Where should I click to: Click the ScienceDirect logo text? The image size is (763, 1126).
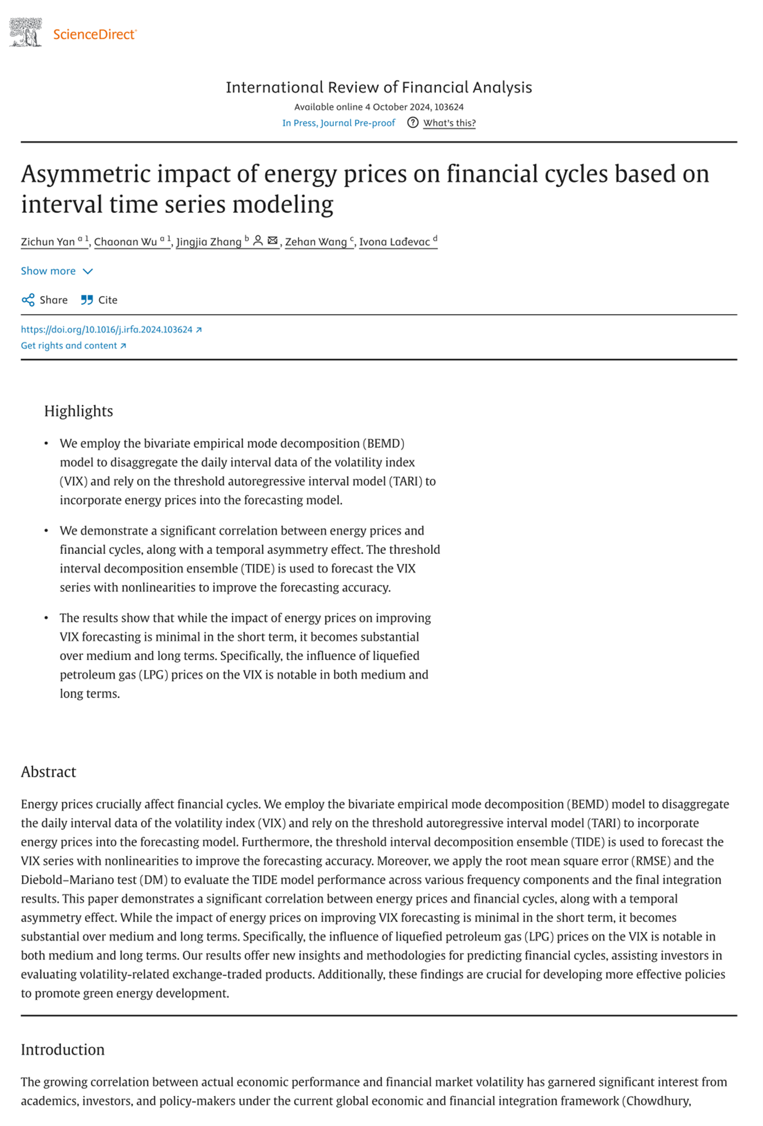pyautogui.click(x=94, y=34)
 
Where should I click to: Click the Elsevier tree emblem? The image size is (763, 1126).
pyautogui.click(x=26, y=32)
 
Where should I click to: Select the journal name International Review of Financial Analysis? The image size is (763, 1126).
pyautogui.click(x=378, y=88)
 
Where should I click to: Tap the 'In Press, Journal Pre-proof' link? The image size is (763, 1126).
pyautogui.click(x=338, y=123)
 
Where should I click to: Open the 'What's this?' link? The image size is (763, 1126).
pyautogui.click(x=449, y=123)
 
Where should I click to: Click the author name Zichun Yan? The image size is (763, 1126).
pyautogui.click(x=48, y=242)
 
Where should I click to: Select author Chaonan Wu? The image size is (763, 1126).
pyautogui.click(x=125, y=242)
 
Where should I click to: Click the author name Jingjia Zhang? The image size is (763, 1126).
pyautogui.click(x=208, y=242)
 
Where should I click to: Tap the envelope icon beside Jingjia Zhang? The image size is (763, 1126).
pyautogui.click(x=273, y=241)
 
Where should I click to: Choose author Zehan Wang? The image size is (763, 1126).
pyautogui.click(x=315, y=242)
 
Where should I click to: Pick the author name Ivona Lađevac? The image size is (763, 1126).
pyautogui.click(x=394, y=242)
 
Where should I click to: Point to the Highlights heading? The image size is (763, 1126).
pyautogui.click(x=78, y=411)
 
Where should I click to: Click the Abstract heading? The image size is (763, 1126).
pyautogui.click(x=48, y=772)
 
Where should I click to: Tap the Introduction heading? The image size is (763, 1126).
pyautogui.click(x=62, y=1049)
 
